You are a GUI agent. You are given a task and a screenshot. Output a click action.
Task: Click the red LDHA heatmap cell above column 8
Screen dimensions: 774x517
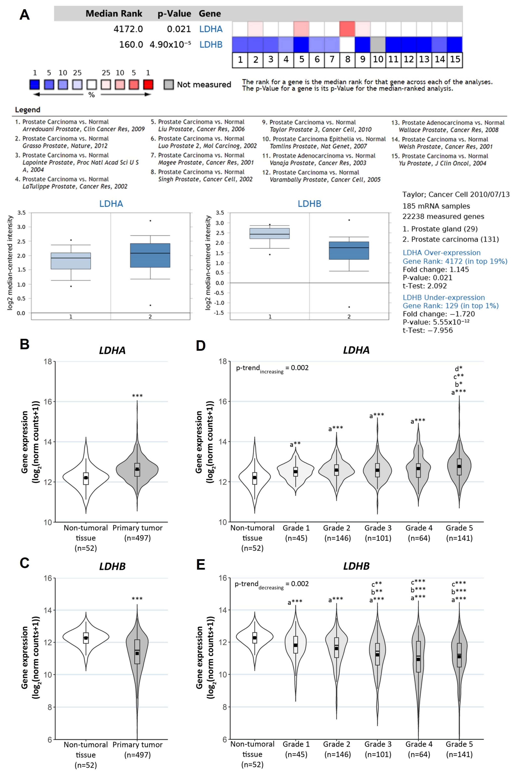click(x=347, y=29)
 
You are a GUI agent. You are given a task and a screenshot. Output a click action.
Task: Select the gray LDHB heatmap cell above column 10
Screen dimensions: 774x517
click(x=378, y=45)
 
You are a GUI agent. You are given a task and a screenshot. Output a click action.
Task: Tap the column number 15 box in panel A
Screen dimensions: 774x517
click(x=455, y=60)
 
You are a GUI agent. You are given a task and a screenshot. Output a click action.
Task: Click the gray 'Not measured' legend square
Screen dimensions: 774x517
click(x=168, y=85)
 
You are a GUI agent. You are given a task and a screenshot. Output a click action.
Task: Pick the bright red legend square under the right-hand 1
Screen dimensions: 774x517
click(x=148, y=85)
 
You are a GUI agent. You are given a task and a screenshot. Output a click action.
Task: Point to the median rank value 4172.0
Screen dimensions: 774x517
click(x=128, y=29)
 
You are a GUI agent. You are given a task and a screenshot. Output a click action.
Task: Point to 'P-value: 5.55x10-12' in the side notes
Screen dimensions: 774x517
click(x=436, y=322)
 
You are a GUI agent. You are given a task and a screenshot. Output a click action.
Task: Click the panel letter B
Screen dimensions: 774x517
click(x=25, y=344)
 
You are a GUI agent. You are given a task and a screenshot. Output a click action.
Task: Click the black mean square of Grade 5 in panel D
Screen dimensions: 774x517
click(x=459, y=466)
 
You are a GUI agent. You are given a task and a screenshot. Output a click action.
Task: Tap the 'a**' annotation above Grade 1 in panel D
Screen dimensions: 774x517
click(x=295, y=444)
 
